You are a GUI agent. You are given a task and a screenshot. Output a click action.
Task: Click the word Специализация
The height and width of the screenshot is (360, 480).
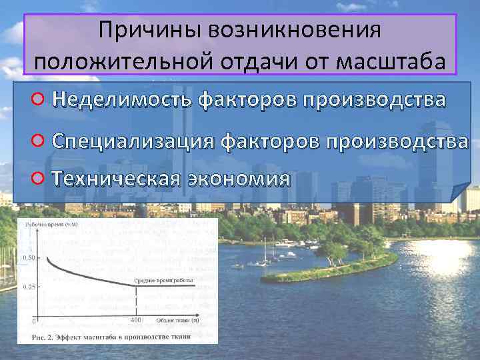pos(133,141)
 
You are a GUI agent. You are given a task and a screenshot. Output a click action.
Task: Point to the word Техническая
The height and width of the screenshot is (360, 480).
pos(116,179)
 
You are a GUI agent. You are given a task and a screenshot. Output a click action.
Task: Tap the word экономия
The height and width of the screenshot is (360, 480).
pos(239,179)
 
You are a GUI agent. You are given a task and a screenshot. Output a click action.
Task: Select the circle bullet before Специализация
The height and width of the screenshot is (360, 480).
pos(39,141)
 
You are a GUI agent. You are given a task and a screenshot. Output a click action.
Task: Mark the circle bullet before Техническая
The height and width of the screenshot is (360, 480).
pos(39,179)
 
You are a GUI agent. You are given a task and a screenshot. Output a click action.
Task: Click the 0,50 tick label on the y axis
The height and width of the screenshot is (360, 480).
pos(29,257)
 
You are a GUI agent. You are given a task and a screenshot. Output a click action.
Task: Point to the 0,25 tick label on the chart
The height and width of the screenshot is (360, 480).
pos(29,287)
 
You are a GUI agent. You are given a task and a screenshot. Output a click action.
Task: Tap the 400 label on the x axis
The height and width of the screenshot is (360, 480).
pos(135,321)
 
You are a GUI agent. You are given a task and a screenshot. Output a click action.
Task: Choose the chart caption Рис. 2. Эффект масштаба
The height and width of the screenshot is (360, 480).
pos(113,335)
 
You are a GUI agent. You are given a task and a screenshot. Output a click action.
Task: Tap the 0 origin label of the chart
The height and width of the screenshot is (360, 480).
pos(33,321)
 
